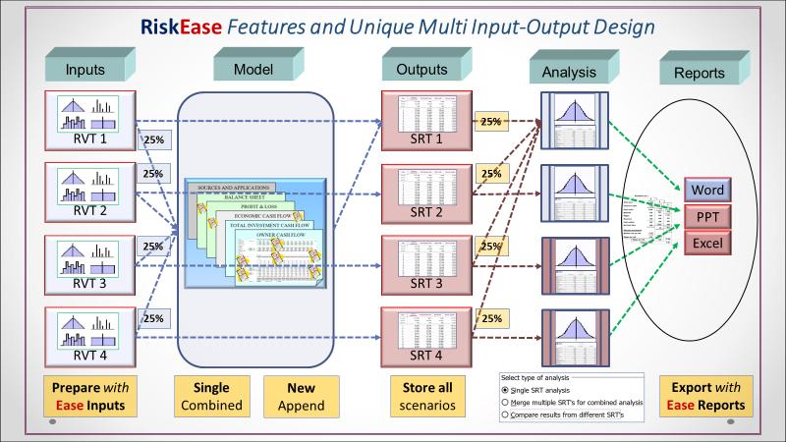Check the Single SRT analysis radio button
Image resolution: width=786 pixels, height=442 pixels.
[506, 390]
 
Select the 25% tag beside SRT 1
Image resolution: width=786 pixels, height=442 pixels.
[490, 122]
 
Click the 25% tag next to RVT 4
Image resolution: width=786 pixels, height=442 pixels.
[153, 318]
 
